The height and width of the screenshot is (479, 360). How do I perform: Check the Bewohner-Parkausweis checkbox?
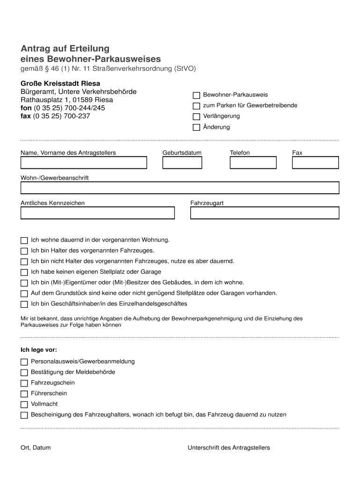click(x=196, y=95)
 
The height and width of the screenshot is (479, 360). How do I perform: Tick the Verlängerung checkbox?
click(x=196, y=116)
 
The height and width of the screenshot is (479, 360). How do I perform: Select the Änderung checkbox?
click(x=196, y=127)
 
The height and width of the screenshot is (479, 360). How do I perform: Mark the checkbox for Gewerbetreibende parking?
click(x=196, y=106)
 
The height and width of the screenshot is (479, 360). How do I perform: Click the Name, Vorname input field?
click(x=84, y=162)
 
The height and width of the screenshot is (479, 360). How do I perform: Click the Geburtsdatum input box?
click(x=182, y=162)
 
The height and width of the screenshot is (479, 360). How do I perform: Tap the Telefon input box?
click(x=253, y=162)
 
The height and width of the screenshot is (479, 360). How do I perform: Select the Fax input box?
click(x=315, y=162)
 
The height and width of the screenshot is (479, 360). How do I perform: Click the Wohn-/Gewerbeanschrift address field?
click(x=180, y=188)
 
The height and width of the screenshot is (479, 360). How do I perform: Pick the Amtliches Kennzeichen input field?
click(x=97, y=213)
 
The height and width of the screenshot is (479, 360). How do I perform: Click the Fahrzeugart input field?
click(x=264, y=213)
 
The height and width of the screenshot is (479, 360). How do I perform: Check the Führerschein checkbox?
click(x=24, y=394)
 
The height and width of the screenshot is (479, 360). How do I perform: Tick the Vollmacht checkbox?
click(x=24, y=405)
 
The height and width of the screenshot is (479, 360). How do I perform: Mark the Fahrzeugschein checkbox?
click(x=24, y=383)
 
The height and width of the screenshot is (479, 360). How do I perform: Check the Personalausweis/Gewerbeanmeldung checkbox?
click(x=24, y=362)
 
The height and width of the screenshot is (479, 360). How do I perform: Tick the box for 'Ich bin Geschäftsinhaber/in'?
click(x=24, y=305)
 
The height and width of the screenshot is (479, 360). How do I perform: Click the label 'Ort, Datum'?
click(x=36, y=448)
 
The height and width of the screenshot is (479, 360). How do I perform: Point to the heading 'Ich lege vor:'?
click(x=39, y=349)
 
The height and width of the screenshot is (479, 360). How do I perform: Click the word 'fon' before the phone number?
click(x=26, y=108)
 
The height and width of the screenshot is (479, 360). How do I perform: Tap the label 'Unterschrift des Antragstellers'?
click(x=229, y=448)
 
